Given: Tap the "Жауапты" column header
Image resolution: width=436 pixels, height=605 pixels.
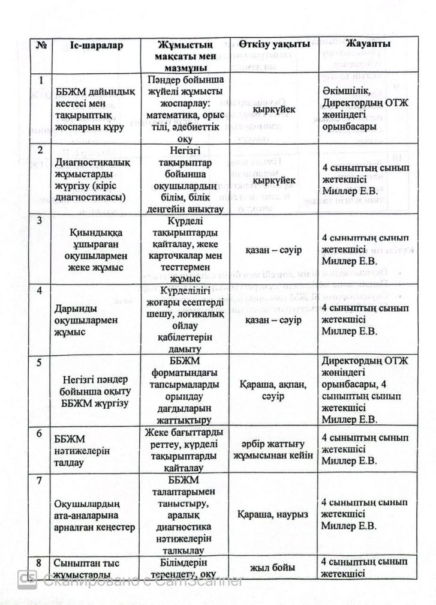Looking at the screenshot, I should coord(369,45).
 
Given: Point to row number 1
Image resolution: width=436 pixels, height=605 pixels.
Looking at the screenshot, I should coord(40,80).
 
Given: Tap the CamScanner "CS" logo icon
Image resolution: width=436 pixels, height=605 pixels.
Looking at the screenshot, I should coord(28,580).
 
